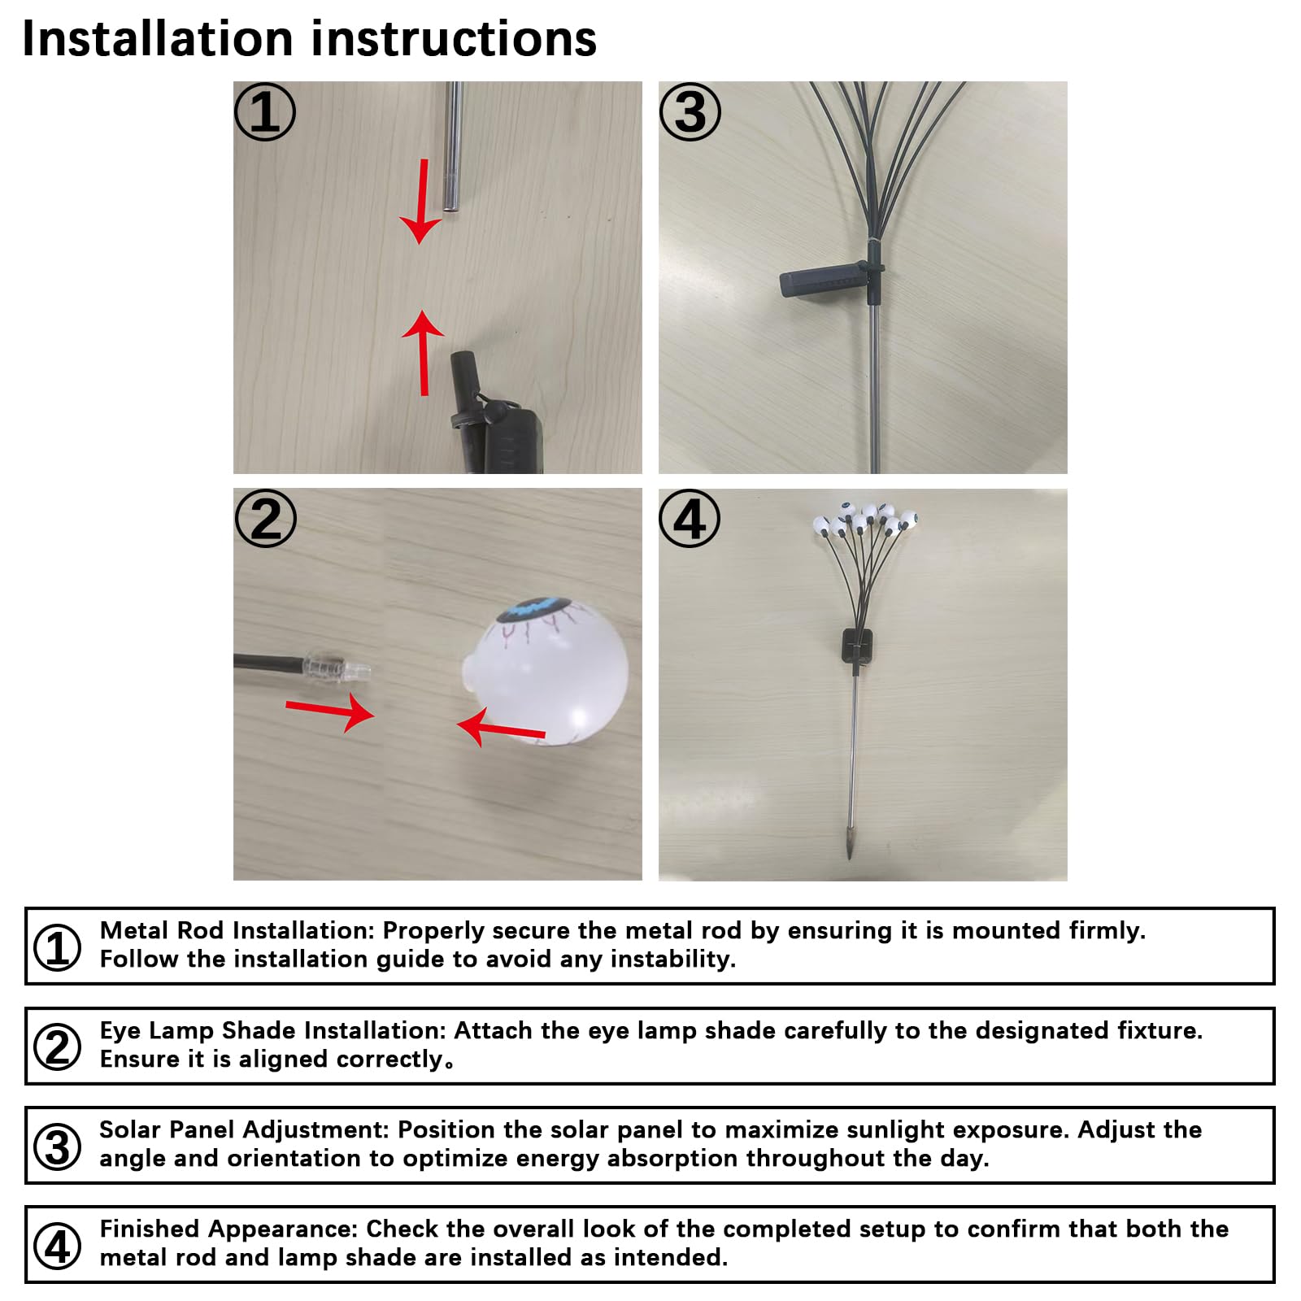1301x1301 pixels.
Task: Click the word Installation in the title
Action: point(158,38)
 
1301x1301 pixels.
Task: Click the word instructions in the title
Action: point(455,38)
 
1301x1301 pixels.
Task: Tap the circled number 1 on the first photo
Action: point(265,111)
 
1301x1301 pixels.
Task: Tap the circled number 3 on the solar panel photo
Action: point(690,111)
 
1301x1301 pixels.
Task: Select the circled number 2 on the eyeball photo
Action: point(266,518)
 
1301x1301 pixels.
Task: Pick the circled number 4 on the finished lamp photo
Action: point(690,518)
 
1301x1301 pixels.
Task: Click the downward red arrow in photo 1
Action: point(421,202)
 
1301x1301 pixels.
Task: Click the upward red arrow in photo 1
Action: point(424,353)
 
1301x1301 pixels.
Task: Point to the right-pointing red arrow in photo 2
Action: point(330,711)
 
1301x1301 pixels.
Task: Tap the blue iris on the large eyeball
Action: point(530,609)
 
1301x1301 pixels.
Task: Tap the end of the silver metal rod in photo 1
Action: point(451,208)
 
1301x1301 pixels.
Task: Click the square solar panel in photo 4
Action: point(859,645)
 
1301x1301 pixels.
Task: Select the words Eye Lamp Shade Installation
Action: point(272,1030)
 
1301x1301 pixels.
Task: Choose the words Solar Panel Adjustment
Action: point(245,1129)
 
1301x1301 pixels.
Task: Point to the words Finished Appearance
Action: point(228,1229)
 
